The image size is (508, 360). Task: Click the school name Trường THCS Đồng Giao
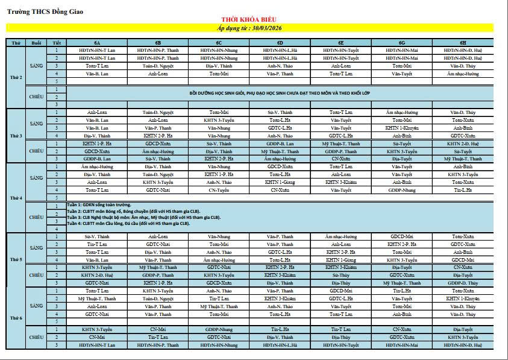(x=46, y=11)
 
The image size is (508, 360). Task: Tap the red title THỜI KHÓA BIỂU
(x=249, y=20)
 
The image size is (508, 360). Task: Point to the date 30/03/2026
(x=266, y=28)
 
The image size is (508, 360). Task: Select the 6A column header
(x=96, y=43)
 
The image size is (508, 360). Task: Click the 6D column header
(x=280, y=43)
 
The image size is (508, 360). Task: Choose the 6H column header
(x=463, y=43)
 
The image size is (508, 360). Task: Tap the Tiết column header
(x=57, y=43)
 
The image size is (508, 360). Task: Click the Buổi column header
(x=36, y=43)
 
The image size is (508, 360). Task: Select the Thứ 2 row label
(x=16, y=77)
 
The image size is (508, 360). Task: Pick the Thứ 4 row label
(x=16, y=198)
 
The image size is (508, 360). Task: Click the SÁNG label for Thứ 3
(x=36, y=124)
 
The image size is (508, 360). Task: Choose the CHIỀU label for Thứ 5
(x=36, y=275)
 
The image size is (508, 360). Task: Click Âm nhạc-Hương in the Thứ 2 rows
(x=463, y=74)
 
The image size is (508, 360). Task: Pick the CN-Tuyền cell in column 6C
(x=219, y=190)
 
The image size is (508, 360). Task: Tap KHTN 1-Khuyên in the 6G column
(x=402, y=128)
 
